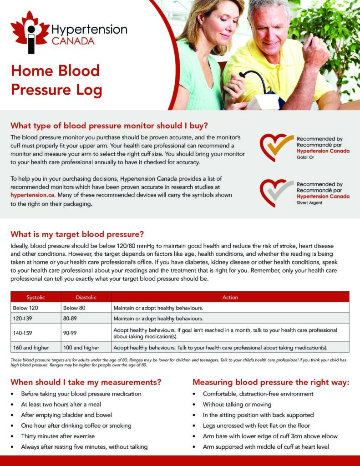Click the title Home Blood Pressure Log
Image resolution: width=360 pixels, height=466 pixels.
coord(56,80)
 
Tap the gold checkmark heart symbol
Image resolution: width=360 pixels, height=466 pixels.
coord(276,147)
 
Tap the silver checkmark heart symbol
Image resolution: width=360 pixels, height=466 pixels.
coord(276,192)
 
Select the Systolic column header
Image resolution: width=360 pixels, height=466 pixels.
coord(35,297)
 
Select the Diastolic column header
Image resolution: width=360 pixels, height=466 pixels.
coord(86,297)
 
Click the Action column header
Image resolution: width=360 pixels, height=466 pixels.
coord(230,297)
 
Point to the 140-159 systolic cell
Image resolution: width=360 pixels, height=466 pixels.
coord(23,333)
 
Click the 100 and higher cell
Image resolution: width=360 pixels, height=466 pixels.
coord(81,348)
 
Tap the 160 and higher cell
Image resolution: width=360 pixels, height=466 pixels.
coord(31,348)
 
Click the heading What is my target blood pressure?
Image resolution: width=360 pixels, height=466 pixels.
coord(77,234)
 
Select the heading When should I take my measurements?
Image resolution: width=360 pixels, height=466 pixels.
coord(86,382)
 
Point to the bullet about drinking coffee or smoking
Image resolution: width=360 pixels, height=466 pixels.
coord(76,425)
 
